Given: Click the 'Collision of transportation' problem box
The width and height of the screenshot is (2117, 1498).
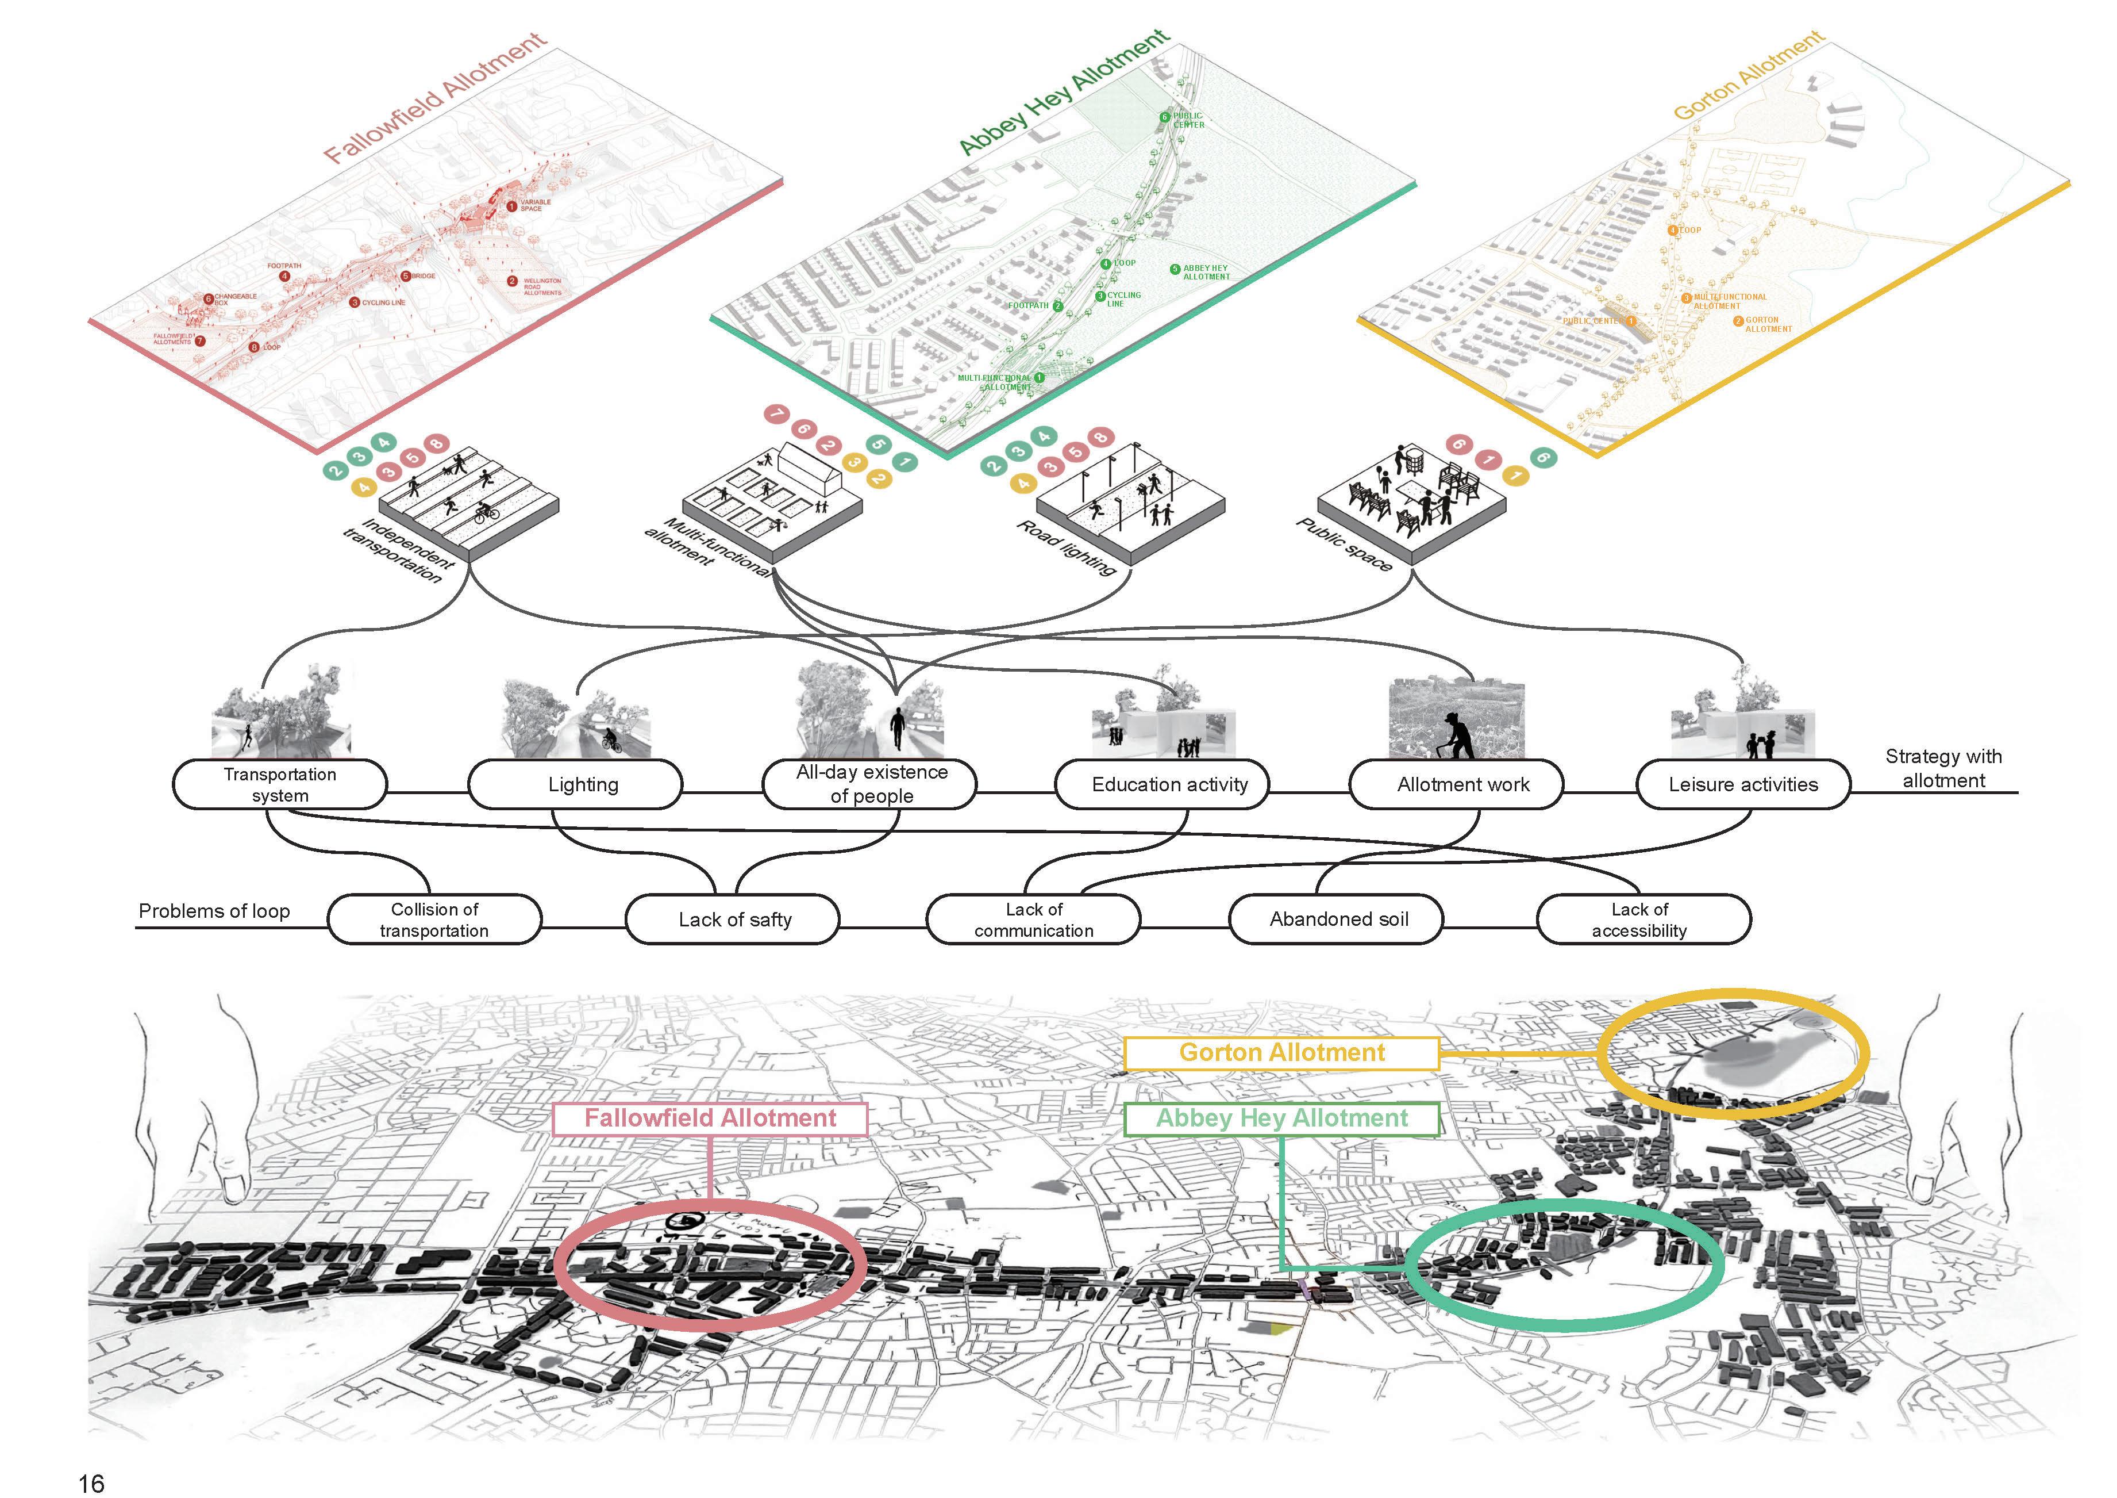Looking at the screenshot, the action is [x=434, y=920].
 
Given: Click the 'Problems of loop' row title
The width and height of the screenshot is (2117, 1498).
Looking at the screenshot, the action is [x=214, y=911].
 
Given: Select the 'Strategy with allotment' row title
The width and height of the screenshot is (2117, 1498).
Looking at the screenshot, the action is [x=1943, y=768].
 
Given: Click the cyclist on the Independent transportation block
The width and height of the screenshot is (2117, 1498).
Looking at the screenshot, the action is [x=486, y=513].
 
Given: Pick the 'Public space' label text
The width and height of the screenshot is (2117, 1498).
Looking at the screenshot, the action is [x=1344, y=544].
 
